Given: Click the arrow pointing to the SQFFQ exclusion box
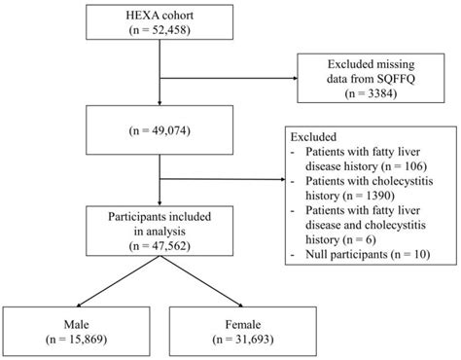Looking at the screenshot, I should tap(288, 80).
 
